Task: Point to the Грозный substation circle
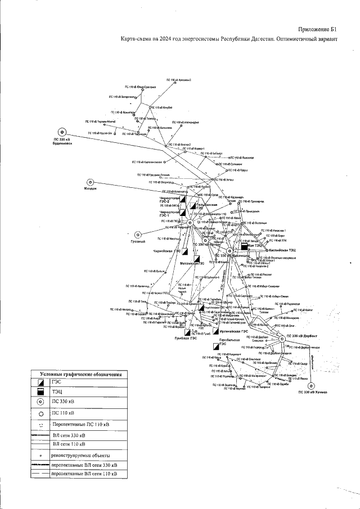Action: tap(137, 235)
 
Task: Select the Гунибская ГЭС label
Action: tap(186, 338)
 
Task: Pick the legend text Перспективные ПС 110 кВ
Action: tap(80, 423)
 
